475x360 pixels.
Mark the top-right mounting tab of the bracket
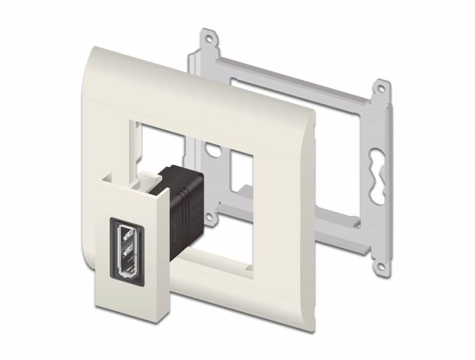382,88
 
